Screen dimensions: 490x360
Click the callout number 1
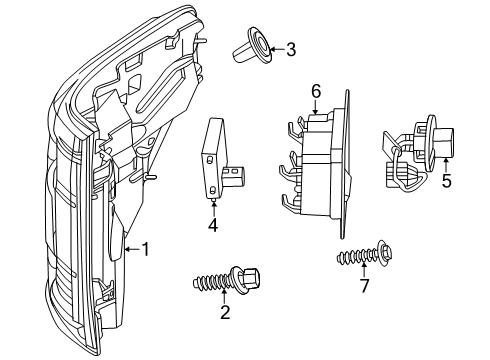[x=146, y=249]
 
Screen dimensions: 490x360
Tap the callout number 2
[x=225, y=312]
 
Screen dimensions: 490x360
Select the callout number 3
[x=291, y=49]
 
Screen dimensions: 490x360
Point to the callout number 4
[x=213, y=225]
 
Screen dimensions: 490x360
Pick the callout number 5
[x=446, y=180]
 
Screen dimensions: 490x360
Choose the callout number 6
[x=316, y=91]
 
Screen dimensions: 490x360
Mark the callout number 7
[x=364, y=286]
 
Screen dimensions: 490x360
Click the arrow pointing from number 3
[x=277, y=50]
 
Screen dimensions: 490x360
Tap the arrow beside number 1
[x=132, y=249]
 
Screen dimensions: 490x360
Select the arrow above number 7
[x=364, y=269]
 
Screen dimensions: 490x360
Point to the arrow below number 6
[x=316, y=107]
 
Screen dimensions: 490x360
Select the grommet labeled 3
[x=254, y=46]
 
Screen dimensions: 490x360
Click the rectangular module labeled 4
[x=213, y=157]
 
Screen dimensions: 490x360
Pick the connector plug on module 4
[x=233, y=176]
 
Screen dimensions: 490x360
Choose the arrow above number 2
[x=225, y=296]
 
